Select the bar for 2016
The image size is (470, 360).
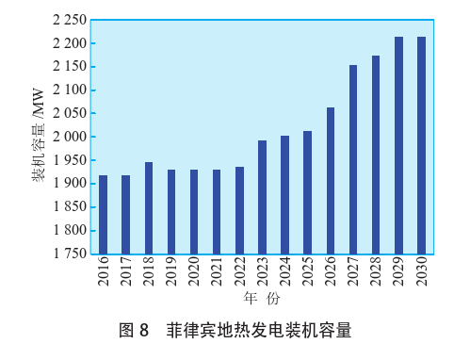click(103, 214)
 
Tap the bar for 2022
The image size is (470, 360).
click(239, 210)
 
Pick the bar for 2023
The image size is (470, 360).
click(262, 197)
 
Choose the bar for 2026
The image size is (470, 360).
click(331, 180)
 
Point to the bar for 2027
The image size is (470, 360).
click(353, 159)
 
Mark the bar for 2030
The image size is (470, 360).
click(421, 145)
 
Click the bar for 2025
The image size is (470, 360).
click(307, 192)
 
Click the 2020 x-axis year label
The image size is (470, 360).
click(194, 274)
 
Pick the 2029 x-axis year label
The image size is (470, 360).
click(398, 274)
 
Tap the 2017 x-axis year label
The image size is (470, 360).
click(126, 274)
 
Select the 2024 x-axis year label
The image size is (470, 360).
click(284, 274)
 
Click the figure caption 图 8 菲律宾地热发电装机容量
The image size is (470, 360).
click(235, 331)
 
